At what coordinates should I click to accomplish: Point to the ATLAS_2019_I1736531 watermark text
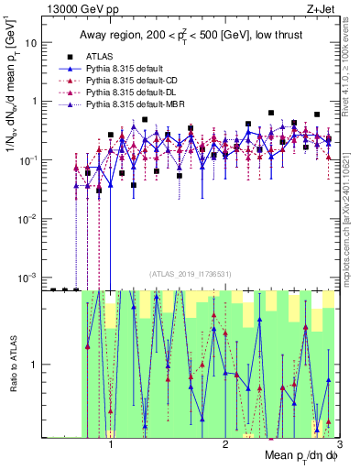(x=191, y=274)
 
